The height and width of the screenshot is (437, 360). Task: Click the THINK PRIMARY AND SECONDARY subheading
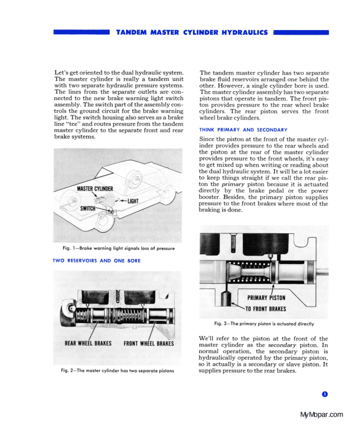pos(243,130)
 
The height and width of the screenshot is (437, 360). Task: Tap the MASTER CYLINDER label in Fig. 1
pos(96,189)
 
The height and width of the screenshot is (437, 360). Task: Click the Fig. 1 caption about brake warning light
pos(118,249)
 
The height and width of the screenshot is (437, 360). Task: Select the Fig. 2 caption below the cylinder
pos(117,371)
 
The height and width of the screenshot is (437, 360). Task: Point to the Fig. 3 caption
pos(264,324)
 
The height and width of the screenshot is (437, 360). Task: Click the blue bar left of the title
pos(81,34)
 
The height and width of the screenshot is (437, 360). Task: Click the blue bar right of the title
pos(301,34)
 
